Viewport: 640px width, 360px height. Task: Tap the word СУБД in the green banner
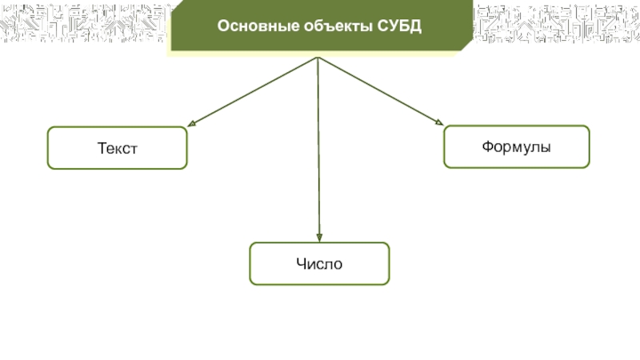point(398,27)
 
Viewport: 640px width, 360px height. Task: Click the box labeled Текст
point(118,148)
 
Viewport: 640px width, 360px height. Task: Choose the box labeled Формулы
point(516,147)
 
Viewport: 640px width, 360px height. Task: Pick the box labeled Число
point(319,264)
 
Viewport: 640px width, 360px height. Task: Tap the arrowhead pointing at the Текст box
point(192,124)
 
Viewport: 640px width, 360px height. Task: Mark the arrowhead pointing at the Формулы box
point(438,122)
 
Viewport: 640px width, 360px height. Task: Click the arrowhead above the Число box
point(319,238)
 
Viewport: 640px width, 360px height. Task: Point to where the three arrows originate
point(318,58)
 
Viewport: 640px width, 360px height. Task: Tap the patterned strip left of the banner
point(84,25)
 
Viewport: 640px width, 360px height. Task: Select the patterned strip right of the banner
point(556,25)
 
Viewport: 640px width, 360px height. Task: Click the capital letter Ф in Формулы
point(486,147)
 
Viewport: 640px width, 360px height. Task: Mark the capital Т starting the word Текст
point(101,149)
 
